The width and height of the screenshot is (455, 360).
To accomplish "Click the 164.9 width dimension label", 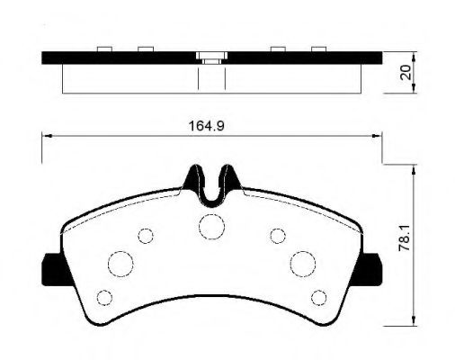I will pos(205,126).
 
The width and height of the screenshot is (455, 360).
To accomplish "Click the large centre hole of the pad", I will pos(211,226).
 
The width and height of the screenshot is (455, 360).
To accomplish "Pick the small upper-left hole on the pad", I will pos(145,236).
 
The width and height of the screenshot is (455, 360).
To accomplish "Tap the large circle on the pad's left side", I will pos(120,263).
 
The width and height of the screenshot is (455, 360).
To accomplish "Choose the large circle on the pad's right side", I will pos(302,263).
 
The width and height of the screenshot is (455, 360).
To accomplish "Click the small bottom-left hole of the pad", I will pos(104,296).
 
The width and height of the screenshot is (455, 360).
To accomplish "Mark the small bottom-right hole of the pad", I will pos(317,296).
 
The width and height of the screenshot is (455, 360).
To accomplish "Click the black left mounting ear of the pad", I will pos(49,267).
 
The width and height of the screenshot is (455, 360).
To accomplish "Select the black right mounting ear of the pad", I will pos(372,267).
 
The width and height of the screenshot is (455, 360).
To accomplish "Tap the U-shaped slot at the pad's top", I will pos(211,184).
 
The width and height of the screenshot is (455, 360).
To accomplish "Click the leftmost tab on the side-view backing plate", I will pos(105,48).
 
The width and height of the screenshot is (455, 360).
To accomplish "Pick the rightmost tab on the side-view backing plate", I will pos(317,48).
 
